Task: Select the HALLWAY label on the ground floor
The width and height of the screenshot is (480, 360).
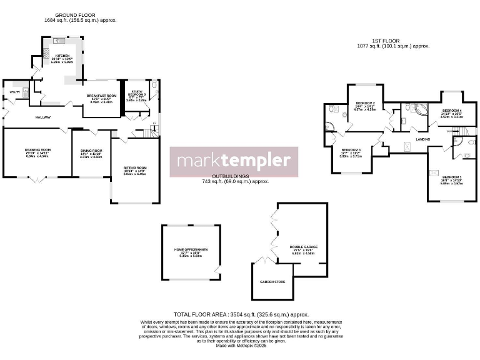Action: click(x=42, y=117)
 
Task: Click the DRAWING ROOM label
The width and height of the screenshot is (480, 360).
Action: click(x=37, y=150)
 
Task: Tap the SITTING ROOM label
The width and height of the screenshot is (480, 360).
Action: click(x=134, y=168)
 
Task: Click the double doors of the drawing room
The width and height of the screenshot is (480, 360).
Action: click(x=37, y=179)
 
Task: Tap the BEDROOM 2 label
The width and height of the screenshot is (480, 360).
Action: click(x=366, y=102)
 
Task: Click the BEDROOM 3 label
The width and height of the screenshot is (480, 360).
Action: click(x=351, y=150)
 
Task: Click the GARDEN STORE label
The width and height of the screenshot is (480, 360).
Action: click(x=272, y=282)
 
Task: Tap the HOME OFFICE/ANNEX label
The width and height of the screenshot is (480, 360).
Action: click(x=191, y=249)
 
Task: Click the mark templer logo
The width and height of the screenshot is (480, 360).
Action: click(x=234, y=161)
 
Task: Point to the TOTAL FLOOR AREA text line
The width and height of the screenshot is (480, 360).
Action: click(x=241, y=314)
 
